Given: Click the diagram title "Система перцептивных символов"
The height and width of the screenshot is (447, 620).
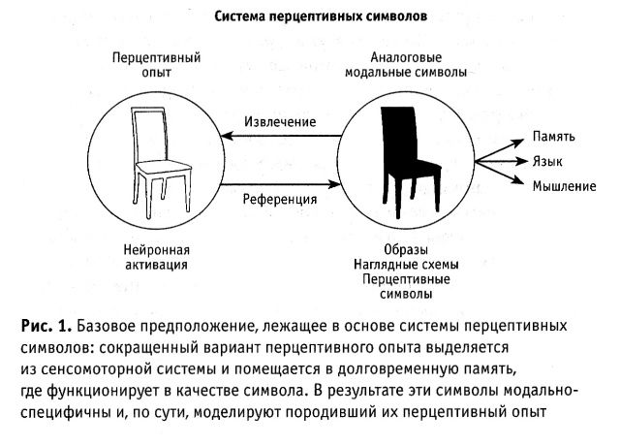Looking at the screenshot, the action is click(x=321, y=16).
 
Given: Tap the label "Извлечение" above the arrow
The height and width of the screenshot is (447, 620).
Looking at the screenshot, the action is click(x=280, y=121).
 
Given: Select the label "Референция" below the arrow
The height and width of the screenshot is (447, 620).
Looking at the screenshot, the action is click(x=280, y=199).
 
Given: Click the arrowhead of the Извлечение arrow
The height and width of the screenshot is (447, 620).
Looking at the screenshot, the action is click(x=227, y=136).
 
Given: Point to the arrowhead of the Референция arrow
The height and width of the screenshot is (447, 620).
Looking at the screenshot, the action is click(x=334, y=184).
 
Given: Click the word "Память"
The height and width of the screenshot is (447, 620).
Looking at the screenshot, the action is click(x=553, y=137).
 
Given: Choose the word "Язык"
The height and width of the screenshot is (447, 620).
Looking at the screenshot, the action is click(x=547, y=162).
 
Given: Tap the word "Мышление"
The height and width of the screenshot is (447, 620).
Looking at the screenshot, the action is click(x=564, y=186).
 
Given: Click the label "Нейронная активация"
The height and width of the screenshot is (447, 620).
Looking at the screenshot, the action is click(x=156, y=257).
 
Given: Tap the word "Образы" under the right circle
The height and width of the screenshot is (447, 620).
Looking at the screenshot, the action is click(x=406, y=250).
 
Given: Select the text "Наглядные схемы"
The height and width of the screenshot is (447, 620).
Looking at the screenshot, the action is click(x=406, y=265).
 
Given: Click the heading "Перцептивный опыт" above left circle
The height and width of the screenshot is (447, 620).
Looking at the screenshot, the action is click(x=156, y=65).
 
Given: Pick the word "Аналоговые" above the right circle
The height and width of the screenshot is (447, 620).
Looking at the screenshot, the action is click(x=406, y=57).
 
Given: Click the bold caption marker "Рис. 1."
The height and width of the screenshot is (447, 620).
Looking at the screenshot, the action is click(x=46, y=326).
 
